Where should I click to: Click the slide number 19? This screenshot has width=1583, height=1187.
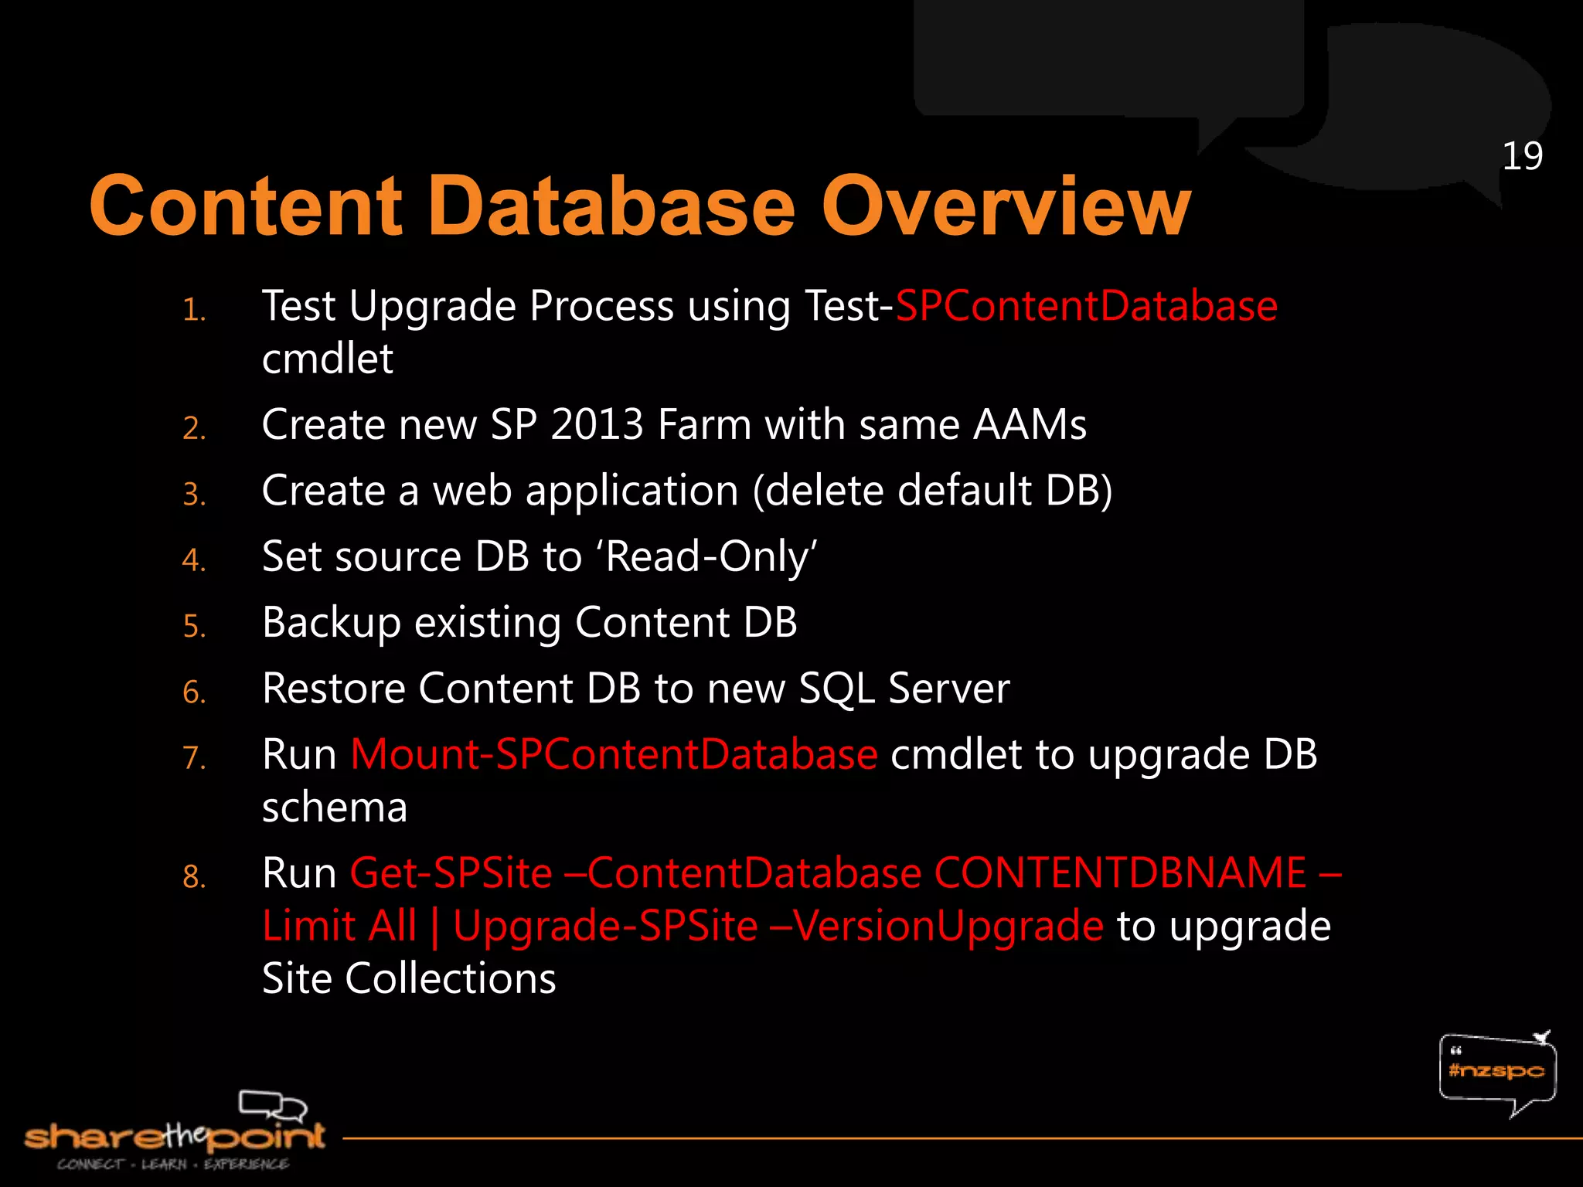[x=1522, y=157]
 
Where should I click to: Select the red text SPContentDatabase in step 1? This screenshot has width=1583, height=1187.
[x=1086, y=306]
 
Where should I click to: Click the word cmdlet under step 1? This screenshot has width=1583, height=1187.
[x=328, y=359]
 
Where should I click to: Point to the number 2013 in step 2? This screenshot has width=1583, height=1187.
[x=597, y=425]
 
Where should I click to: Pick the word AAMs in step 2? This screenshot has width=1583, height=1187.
[x=1030, y=425]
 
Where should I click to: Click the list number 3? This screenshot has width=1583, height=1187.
[x=194, y=494]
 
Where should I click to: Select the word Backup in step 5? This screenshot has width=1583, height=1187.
[x=331, y=623]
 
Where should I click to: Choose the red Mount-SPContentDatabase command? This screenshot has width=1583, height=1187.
[x=614, y=754]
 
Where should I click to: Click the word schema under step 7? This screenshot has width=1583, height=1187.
[x=334, y=808]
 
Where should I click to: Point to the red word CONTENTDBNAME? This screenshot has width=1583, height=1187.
[x=1120, y=873]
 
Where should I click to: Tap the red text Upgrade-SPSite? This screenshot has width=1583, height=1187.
[x=605, y=926]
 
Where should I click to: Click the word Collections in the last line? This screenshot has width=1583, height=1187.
[x=450, y=978]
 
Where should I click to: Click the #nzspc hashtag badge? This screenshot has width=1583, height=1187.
[x=1496, y=1070]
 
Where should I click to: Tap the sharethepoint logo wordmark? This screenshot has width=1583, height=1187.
[x=175, y=1136]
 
